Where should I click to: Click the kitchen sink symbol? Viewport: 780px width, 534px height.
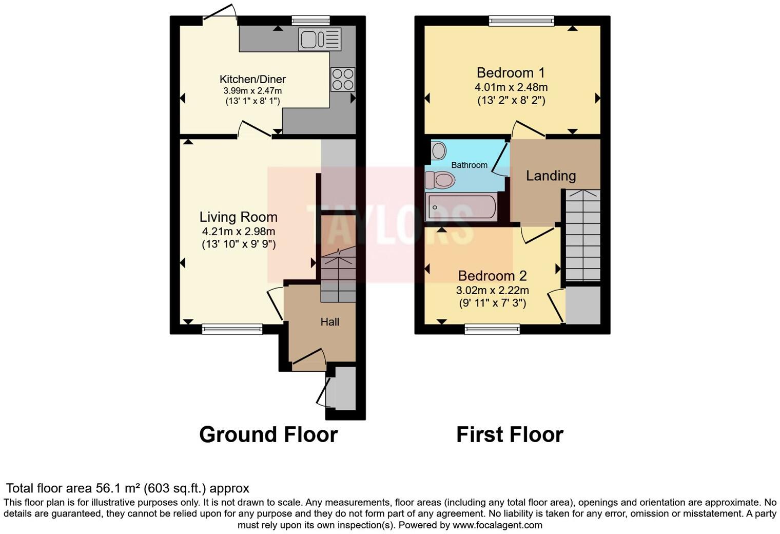pos(319,40)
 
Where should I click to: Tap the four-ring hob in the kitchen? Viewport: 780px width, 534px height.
pos(343,80)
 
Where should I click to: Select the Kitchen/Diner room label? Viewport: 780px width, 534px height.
pos(252,79)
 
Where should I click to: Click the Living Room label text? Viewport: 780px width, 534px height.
pos(239,217)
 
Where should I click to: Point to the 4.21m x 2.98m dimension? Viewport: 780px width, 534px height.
pos(239,232)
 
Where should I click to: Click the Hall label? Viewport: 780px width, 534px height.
pos(330,322)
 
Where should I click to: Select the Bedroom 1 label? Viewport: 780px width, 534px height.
pos(511,72)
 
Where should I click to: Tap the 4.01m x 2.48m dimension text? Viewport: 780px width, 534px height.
pos(511,87)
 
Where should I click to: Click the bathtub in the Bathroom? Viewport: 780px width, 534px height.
pos(461,207)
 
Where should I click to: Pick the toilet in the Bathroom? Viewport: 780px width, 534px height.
pos(440,180)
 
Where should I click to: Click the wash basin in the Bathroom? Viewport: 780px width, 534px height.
pos(439,150)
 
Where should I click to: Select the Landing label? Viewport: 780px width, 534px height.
pos(551,176)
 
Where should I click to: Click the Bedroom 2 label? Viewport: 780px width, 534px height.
pos(492,276)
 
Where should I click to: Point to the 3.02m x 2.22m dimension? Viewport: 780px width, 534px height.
pos(492,290)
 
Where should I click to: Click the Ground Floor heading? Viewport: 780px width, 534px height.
pos(268,434)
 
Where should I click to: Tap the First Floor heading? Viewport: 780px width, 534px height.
pos(510,434)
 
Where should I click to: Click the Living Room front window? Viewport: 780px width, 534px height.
pos(232,329)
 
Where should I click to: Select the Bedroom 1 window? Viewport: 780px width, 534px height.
pos(521,21)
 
